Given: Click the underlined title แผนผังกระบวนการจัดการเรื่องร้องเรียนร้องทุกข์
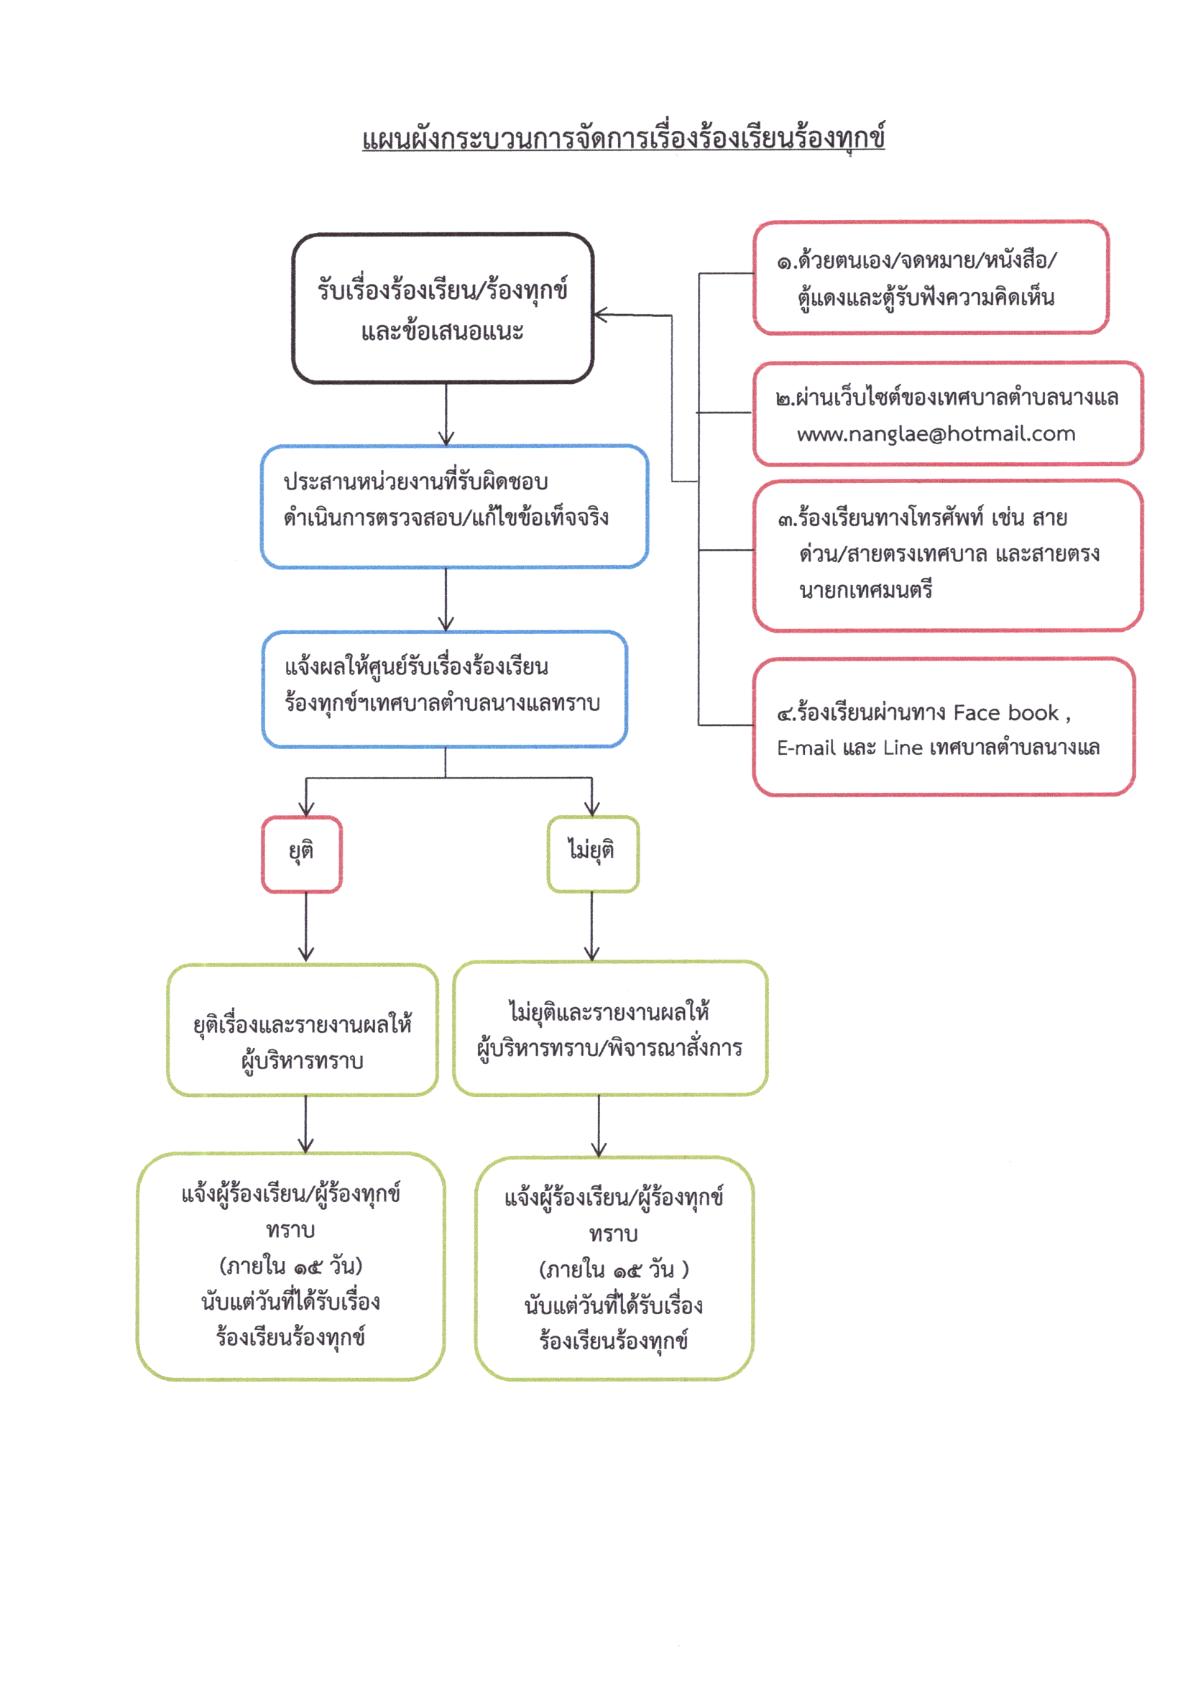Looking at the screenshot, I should [623, 138].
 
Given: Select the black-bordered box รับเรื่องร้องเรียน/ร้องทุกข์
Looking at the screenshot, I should [442, 308].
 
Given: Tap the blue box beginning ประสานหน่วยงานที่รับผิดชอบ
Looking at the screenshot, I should [454, 506].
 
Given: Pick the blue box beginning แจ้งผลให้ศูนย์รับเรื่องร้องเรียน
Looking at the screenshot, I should [444, 689].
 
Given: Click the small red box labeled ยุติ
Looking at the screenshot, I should [301, 854].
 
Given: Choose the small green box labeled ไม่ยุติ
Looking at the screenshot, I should [592, 853].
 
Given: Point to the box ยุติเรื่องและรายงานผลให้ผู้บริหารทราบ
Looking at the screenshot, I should [302, 1029].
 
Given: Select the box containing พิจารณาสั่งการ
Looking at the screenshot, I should [609, 1028].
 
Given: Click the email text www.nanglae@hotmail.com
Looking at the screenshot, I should [936, 434].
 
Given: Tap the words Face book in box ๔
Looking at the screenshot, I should [1005, 713].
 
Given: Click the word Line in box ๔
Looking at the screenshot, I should [902, 748].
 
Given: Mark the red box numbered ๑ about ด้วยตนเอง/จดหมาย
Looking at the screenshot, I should [930, 277].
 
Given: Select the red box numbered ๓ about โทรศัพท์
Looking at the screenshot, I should [948, 556].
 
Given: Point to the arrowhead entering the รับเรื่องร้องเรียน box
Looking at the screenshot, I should [599, 316].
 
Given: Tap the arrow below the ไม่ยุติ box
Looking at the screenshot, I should [592, 926].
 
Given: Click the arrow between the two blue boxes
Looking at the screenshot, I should [446, 600].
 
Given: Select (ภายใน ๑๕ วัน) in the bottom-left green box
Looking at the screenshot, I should [291, 1266].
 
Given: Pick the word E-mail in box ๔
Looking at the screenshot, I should [806, 748].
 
